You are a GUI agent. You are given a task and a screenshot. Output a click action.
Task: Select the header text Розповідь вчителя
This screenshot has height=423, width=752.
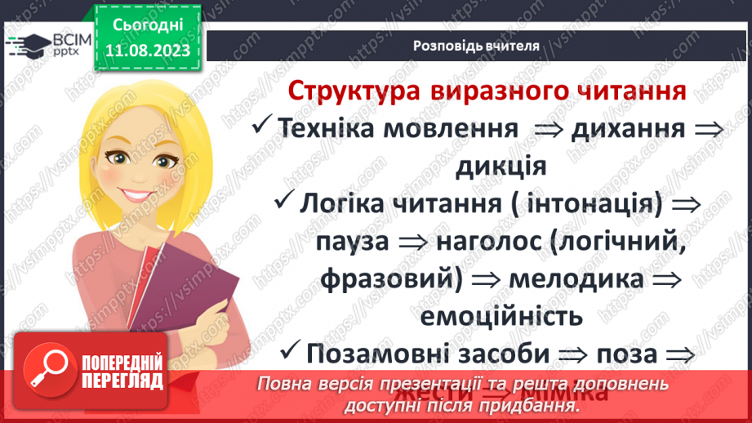(x=475, y=46)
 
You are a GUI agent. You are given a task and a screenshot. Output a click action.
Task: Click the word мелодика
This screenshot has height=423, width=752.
(x=575, y=278)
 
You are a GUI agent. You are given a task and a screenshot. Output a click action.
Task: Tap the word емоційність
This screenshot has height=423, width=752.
(x=501, y=315)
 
